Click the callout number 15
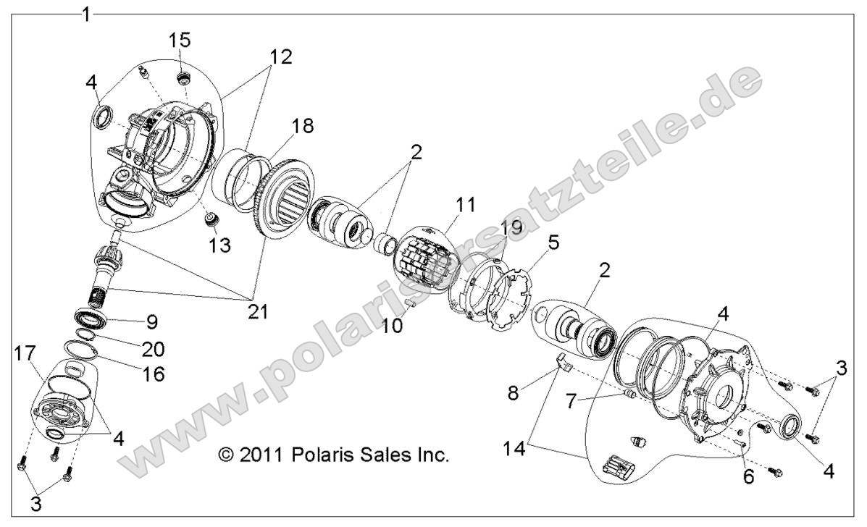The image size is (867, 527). (180, 38)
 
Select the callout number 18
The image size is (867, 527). (303, 126)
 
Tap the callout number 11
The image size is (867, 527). (466, 205)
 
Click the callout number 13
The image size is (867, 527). (219, 245)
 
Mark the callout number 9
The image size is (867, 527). (153, 321)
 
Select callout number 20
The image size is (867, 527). (153, 348)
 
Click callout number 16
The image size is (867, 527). (153, 374)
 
